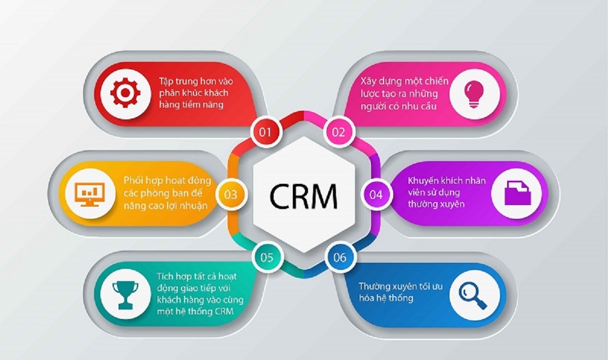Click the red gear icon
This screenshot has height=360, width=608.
[x=125, y=93]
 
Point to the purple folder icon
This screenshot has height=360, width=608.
[x=518, y=193]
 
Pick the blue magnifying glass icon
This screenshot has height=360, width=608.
[x=473, y=295]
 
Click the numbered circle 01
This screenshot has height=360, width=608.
[x=265, y=132]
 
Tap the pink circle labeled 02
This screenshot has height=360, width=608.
[x=338, y=132]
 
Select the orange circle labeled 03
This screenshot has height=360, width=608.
[x=231, y=194]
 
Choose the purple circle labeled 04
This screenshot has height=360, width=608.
[x=376, y=194]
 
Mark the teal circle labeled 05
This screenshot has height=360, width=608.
[x=267, y=257]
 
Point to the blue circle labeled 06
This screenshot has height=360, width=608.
[x=340, y=257]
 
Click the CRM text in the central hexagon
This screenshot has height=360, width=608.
[x=303, y=196]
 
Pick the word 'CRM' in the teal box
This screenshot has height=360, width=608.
[x=224, y=311]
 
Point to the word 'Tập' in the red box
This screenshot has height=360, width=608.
[x=166, y=82]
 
